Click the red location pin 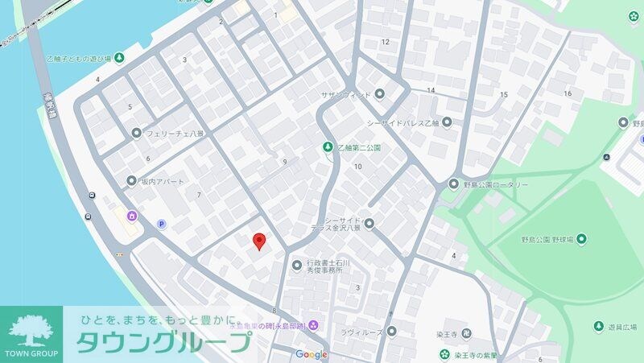pyautogui.click(x=259, y=241)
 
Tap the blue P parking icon pyautogui.click(x=161, y=225)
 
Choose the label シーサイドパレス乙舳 pyautogui.click(x=402, y=122)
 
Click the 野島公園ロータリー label pyautogui.click(x=496, y=184)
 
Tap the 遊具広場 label pyautogui.click(x=621, y=327)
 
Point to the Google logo pyautogui.click(x=312, y=354)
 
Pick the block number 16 pyautogui.click(x=568, y=93)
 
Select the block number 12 pyautogui.click(x=385, y=42)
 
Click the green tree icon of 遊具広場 pyautogui.click(x=599, y=327)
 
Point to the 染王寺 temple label pyautogui.click(x=471, y=332)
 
